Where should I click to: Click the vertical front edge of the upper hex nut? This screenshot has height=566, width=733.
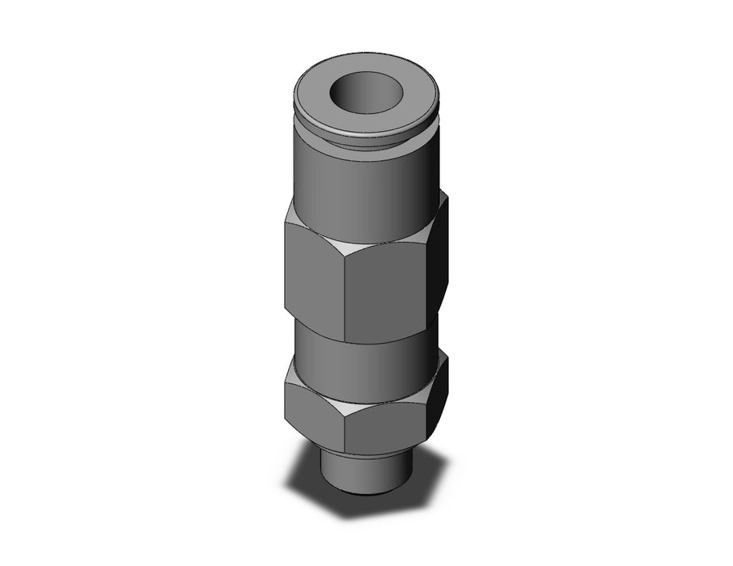345,299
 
